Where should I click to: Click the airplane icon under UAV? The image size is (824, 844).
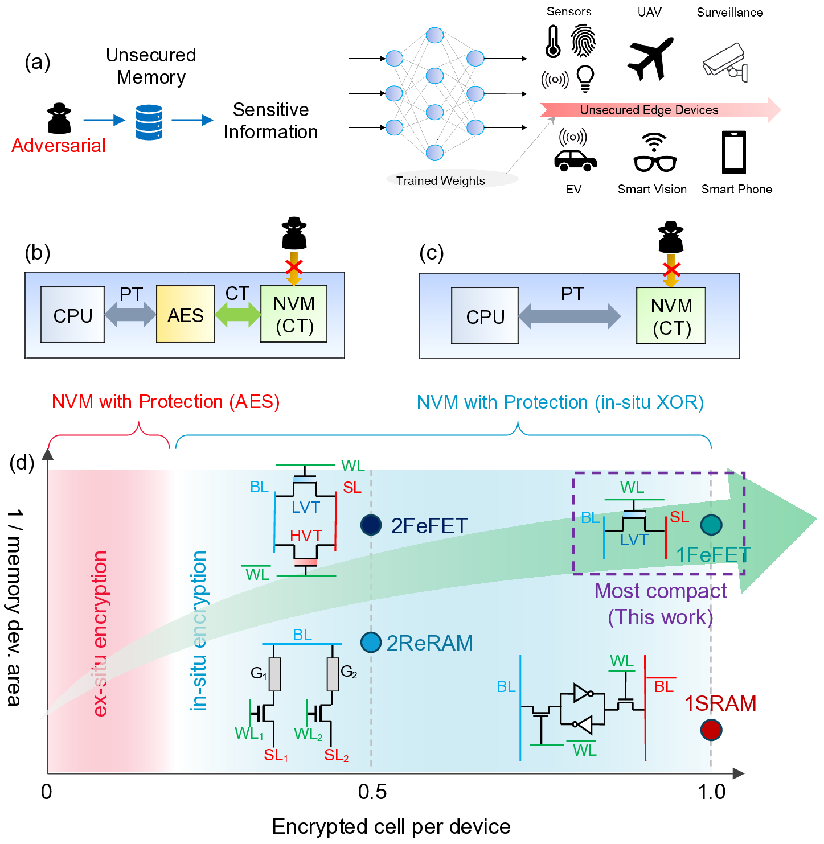[650, 57]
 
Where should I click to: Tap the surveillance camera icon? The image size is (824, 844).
[725, 62]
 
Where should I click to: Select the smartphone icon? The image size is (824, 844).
[734, 152]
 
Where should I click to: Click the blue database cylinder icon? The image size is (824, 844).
[149, 122]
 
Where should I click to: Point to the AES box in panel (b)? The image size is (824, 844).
[186, 314]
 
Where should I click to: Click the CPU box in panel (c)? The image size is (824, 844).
[485, 316]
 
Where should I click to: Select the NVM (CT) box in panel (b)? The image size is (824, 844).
[294, 314]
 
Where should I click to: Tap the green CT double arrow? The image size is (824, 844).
[238, 314]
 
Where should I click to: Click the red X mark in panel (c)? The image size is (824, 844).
[671, 269]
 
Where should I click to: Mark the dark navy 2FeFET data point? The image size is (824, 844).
[371, 525]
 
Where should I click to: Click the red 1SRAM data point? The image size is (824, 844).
[711, 730]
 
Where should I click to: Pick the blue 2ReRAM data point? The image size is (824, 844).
[371, 642]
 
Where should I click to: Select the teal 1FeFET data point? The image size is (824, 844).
[711, 524]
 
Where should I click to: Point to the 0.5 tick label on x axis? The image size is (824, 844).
[372, 792]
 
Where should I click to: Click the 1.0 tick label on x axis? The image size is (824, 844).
[711, 792]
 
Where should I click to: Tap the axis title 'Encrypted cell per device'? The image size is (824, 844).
[391, 826]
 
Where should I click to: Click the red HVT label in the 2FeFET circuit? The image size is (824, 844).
[306, 536]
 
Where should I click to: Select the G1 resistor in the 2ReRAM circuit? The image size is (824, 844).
[274, 674]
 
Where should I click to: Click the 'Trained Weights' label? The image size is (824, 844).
[440, 180]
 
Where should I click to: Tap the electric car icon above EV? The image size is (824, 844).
[575, 159]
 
